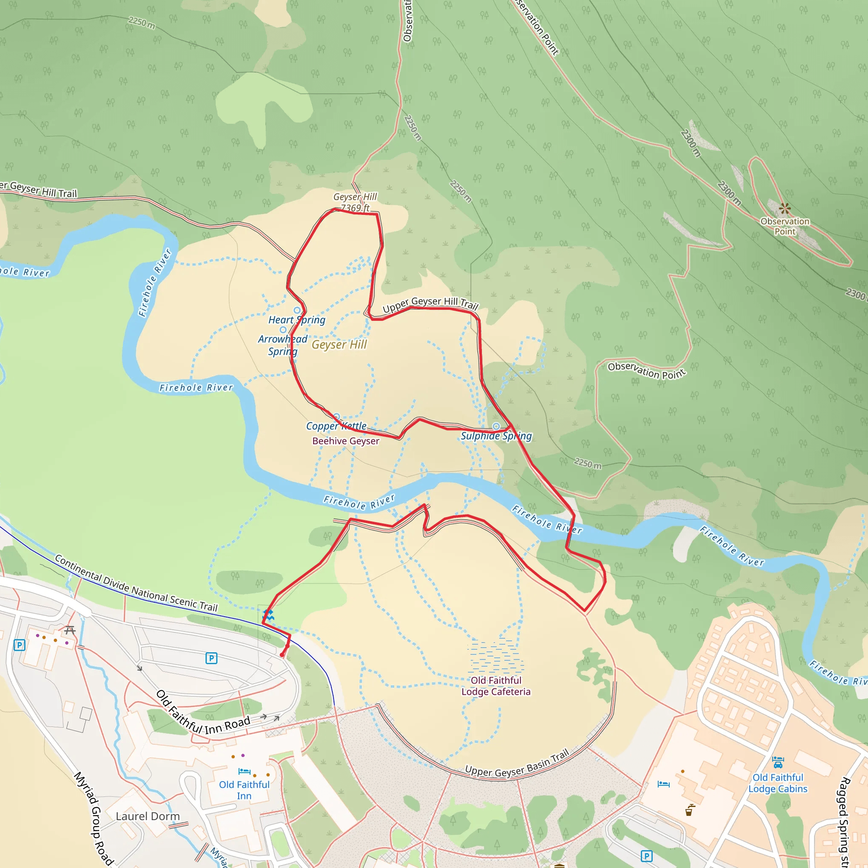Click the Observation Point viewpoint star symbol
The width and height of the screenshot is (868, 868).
[x=785, y=209]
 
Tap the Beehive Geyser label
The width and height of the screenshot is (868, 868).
[x=345, y=441]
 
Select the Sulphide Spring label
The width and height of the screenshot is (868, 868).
[x=496, y=436]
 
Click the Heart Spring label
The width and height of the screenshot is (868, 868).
[x=297, y=320]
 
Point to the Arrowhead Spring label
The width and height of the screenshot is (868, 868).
[x=283, y=345]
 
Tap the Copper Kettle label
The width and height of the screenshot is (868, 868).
[x=336, y=426]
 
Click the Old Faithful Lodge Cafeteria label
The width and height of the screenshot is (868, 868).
[x=496, y=686]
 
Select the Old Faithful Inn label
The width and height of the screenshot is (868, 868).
[x=244, y=790]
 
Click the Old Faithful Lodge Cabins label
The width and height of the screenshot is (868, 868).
[x=778, y=783]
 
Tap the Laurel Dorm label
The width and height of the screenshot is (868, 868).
[x=147, y=816]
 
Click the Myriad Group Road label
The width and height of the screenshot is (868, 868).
[x=93, y=818]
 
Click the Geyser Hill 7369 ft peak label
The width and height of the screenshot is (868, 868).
[x=355, y=202]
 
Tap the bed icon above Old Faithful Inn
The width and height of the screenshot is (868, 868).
[x=245, y=771]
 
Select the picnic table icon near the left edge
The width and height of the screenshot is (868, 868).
[x=70, y=630]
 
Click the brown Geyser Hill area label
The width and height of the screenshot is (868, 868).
[x=339, y=345]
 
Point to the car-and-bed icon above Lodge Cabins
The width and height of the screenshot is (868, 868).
[x=778, y=762]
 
